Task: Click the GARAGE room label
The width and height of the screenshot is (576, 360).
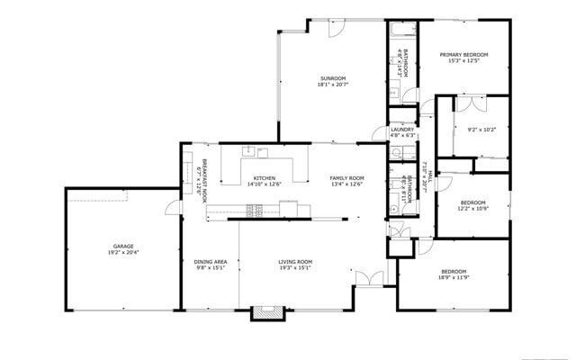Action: pos(123,246)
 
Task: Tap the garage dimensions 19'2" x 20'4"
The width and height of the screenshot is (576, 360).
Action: pos(123,253)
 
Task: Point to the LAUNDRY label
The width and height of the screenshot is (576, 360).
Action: pos(402,130)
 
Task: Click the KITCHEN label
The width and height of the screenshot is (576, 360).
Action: pos(264,177)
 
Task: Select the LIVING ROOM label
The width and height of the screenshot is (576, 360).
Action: pos(294,262)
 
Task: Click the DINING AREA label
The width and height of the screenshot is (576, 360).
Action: pos(210,262)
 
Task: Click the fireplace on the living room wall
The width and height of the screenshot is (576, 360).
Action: pos(263,313)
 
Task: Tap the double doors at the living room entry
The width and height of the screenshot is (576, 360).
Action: pos(366,278)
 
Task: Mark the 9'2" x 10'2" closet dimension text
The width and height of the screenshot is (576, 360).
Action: pos(481,129)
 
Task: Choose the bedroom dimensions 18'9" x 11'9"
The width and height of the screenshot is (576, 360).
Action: pos(454,278)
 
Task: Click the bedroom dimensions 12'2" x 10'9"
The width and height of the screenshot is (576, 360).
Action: pos(473,209)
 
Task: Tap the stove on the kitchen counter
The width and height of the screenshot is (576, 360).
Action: pos(254,210)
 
